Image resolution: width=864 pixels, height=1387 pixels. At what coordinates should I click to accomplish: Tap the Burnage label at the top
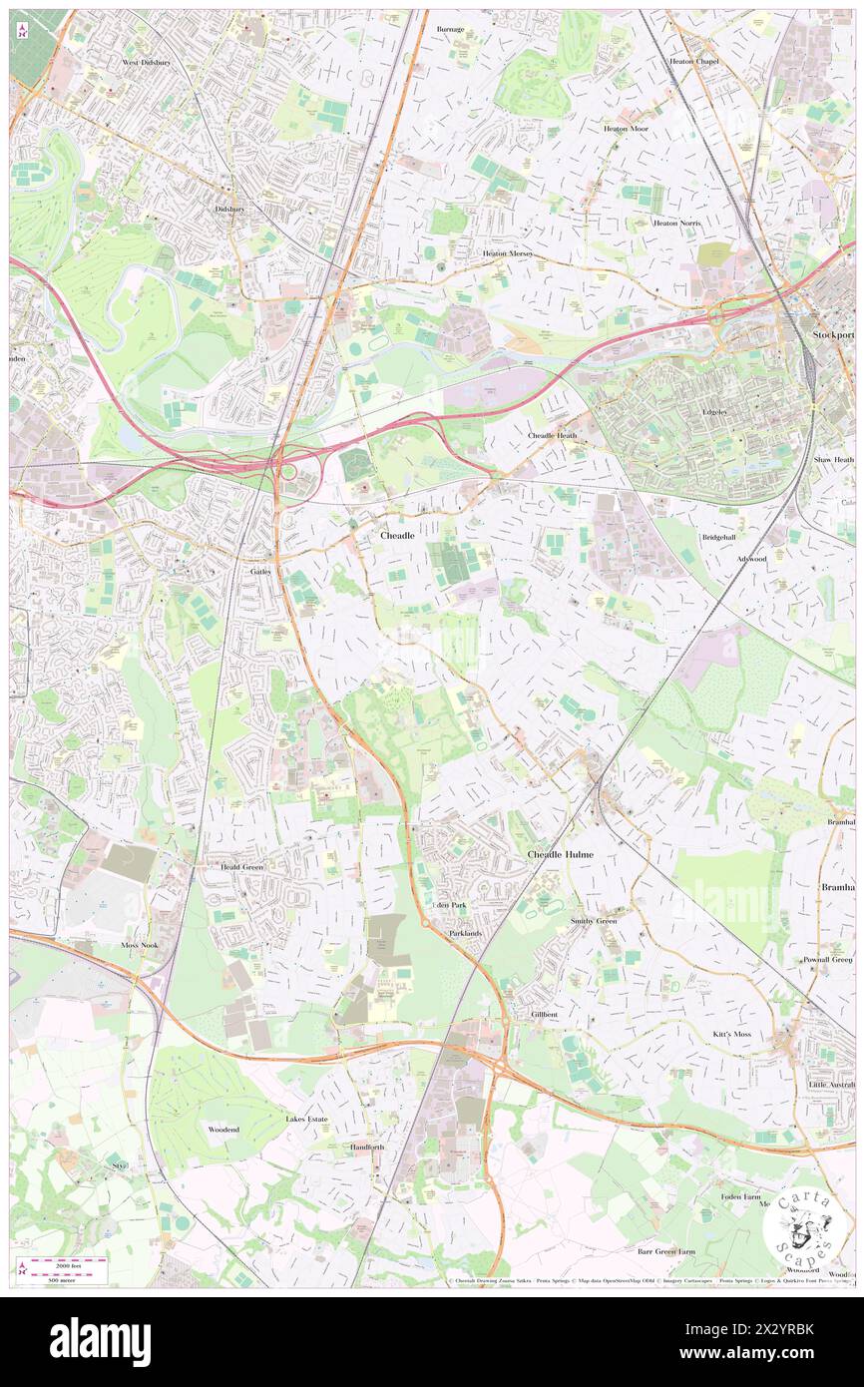(x=451, y=29)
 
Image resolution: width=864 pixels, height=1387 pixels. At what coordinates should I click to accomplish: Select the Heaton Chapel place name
(x=694, y=61)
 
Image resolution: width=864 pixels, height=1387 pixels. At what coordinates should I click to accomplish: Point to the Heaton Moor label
(x=625, y=129)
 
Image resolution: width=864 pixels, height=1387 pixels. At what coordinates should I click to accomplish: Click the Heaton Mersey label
(x=508, y=253)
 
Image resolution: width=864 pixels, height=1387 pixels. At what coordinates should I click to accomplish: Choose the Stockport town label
(x=833, y=335)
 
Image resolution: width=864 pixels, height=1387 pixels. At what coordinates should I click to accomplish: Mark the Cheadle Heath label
(x=553, y=436)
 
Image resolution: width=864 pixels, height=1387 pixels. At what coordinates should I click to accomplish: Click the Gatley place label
(x=260, y=571)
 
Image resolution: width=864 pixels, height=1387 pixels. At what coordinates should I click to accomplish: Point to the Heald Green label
(x=242, y=867)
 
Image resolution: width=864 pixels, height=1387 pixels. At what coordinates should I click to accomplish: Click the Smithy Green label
(x=594, y=921)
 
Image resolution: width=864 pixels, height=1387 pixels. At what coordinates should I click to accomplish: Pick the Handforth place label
(x=367, y=1148)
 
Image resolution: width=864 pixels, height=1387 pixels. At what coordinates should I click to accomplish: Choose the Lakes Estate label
(x=307, y=1120)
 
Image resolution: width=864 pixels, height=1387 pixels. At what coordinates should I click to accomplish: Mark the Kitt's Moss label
(x=732, y=1034)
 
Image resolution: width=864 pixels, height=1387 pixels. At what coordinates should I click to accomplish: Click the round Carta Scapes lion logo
(x=806, y=1225)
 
